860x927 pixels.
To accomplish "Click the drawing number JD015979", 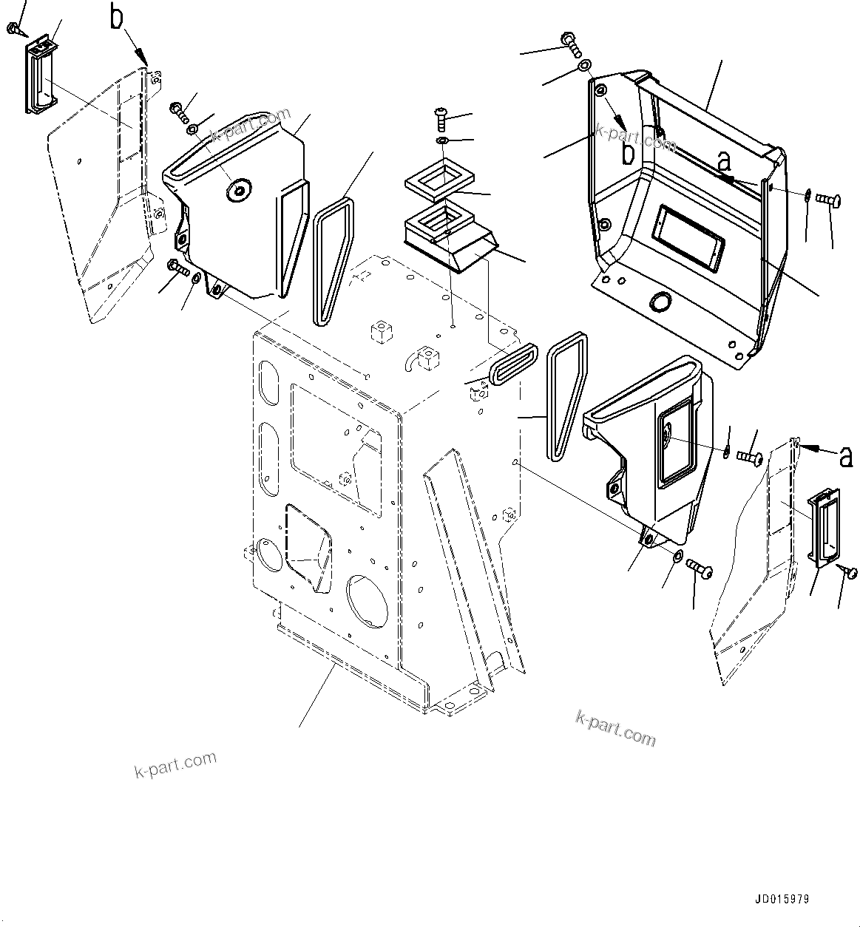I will pyautogui.click(x=782, y=900).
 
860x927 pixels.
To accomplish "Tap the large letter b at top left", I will pyautogui.click(x=117, y=18).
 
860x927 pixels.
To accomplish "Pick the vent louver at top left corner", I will pyautogui.click(x=41, y=76).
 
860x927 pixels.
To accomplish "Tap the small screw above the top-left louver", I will pyautogui.click(x=14, y=29).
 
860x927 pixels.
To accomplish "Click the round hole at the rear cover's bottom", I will pyautogui.click(x=657, y=302).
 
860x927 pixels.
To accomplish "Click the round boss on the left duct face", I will pyautogui.click(x=238, y=191).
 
